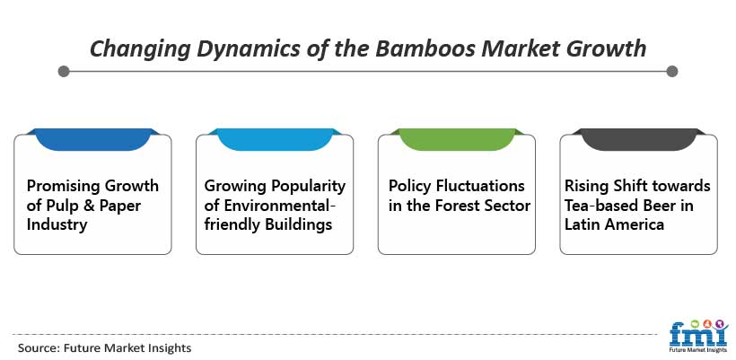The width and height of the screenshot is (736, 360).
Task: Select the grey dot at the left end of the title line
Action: (x=64, y=71)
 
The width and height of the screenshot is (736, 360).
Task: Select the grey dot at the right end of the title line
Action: (x=671, y=71)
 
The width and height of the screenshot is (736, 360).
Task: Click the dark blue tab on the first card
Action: (x=93, y=139)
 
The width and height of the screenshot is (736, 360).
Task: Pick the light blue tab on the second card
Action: (x=275, y=139)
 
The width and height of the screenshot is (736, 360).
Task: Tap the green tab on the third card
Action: (x=457, y=139)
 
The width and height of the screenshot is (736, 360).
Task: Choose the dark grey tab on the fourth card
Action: (x=639, y=139)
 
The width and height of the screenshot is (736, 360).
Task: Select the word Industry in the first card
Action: (x=57, y=224)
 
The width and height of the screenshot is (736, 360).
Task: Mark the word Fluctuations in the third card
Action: (x=480, y=186)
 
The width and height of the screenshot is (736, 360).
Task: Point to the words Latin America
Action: (x=614, y=224)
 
